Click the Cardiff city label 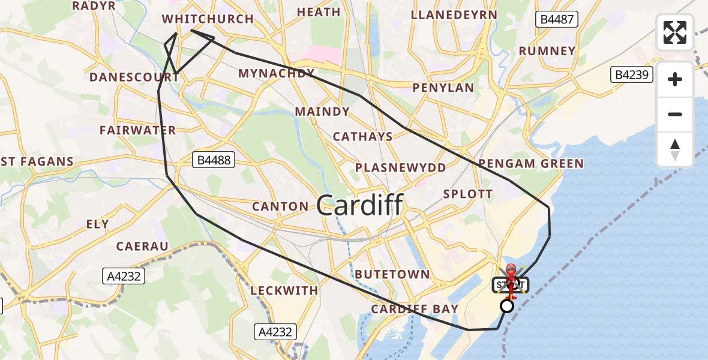[x=359, y=206]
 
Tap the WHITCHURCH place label [x=208, y=19]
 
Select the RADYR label [x=94, y=5]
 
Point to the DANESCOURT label [x=125, y=77]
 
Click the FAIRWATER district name [x=138, y=130]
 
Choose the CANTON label [x=280, y=206]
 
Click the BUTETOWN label [x=392, y=274]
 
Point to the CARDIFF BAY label [x=415, y=309]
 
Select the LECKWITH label [x=284, y=290]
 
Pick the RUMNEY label [x=547, y=51]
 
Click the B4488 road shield [x=214, y=160]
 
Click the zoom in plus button [x=675, y=79]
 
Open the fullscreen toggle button [x=675, y=32]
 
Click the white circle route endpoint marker [x=507, y=306]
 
